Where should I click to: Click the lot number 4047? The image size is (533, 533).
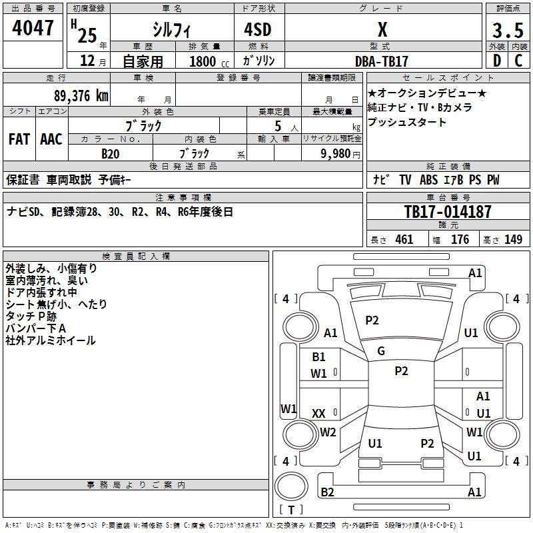point(33,28)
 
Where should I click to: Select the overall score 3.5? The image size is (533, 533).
point(508,30)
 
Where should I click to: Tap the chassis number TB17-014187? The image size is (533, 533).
point(448,212)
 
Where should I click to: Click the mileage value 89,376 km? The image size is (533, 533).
point(81,96)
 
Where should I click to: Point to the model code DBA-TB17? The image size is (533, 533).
point(381,61)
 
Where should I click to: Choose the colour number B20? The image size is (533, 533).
point(111,154)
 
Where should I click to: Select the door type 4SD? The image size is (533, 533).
point(258,29)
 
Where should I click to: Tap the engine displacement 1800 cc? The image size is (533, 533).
point(209,62)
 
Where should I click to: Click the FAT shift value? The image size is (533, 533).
point(19,139)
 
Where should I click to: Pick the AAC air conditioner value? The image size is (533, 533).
point(51,139)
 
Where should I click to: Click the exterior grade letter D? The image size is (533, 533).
point(497,61)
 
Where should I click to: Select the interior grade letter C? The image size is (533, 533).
point(518,61)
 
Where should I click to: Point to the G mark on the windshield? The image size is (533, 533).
point(381,351)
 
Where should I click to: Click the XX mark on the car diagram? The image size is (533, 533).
point(318,414)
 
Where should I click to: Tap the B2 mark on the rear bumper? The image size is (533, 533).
point(327,492)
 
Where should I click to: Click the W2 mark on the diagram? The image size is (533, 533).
point(328,432)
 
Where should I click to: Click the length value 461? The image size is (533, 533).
point(404,240)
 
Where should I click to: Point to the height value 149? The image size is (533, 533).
point(513,240)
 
